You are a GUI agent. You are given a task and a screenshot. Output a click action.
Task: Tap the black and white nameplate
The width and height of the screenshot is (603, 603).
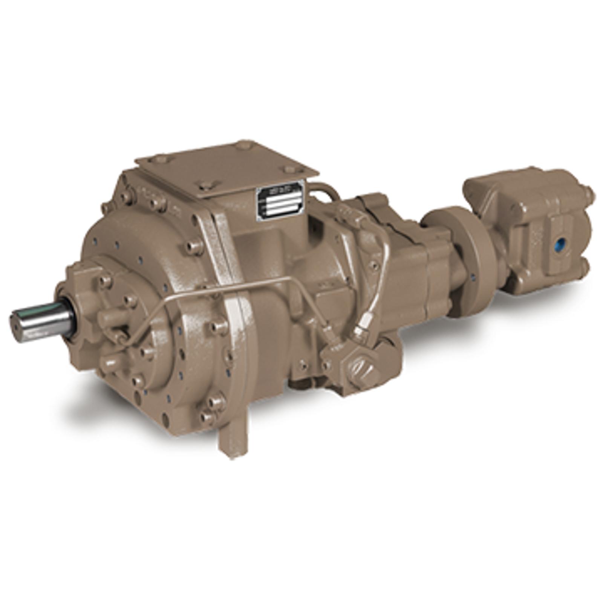click(280, 199)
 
